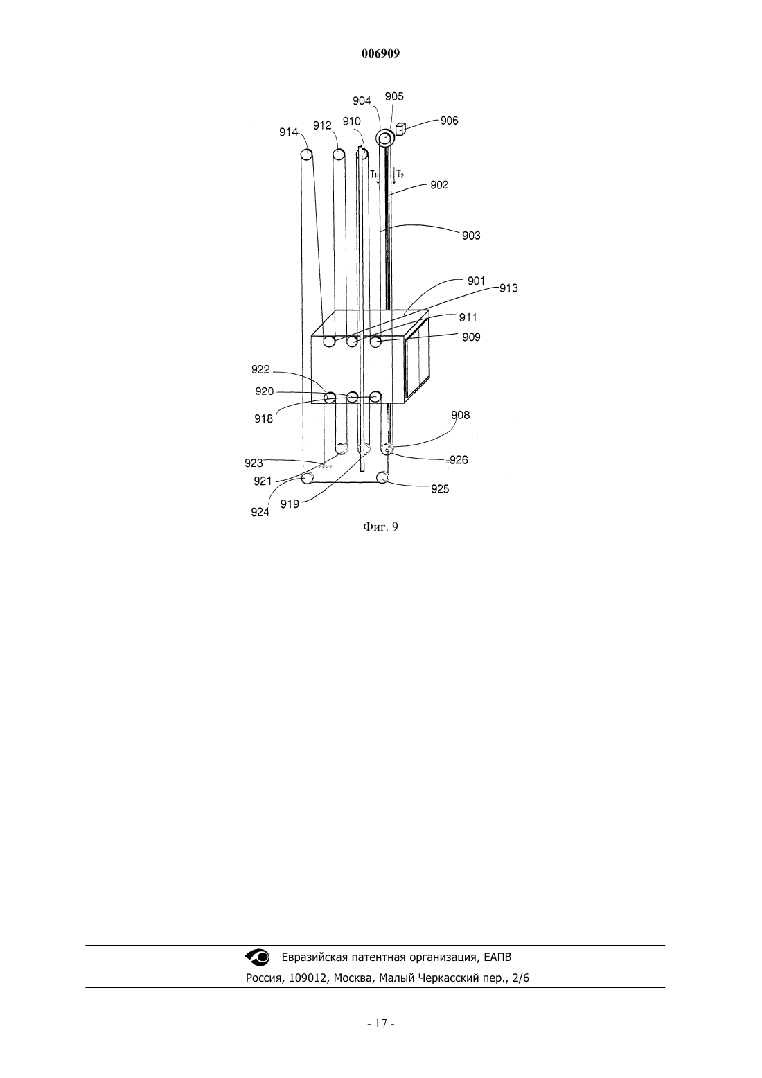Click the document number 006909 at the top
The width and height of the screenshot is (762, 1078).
click(380, 53)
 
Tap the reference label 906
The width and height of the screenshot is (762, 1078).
click(450, 121)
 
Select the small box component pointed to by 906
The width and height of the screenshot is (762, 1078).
click(400, 129)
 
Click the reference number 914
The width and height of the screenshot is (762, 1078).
click(289, 132)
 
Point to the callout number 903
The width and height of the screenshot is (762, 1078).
click(471, 236)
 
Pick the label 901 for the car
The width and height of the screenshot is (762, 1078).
click(476, 281)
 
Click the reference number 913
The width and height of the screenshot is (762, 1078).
click(508, 288)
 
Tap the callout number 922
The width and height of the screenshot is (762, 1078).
click(260, 369)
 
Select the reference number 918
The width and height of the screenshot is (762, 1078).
click(264, 418)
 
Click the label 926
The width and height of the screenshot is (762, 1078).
click(459, 460)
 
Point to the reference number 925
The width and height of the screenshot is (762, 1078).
click(440, 489)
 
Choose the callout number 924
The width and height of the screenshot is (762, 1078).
click(260, 513)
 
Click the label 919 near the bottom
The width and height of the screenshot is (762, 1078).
click(290, 504)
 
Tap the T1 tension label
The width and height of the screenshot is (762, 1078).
click(373, 174)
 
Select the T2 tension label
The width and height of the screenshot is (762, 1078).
click(400, 174)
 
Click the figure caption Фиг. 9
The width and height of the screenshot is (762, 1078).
click(380, 527)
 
